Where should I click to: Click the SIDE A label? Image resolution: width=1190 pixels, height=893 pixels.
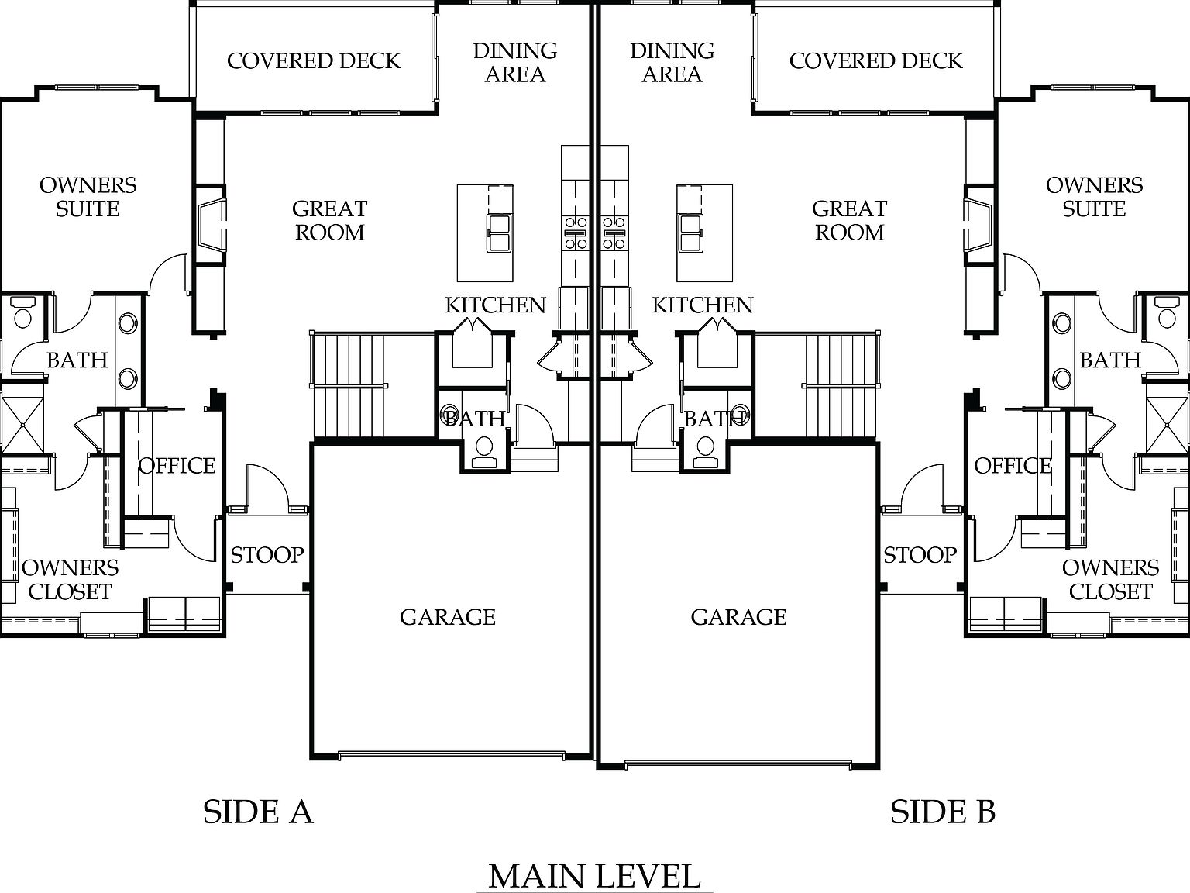(258, 812)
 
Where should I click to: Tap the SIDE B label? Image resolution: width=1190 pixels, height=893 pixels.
(942, 812)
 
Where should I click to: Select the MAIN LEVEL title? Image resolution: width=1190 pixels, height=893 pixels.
(594, 876)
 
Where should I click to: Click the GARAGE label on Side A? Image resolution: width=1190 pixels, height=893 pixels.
(447, 617)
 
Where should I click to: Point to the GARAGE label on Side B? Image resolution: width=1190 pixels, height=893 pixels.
(738, 617)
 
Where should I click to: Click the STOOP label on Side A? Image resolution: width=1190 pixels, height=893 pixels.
(267, 555)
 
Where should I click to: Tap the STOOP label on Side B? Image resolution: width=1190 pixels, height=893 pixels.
(920, 555)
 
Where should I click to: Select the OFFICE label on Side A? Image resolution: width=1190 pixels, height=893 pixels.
(177, 466)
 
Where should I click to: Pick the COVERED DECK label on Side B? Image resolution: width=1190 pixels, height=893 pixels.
(875, 61)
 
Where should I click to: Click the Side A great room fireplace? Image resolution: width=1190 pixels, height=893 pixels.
(210, 225)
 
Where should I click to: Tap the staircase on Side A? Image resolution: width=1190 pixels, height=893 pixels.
(349, 385)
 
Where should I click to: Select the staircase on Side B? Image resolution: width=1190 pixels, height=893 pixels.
(841, 385)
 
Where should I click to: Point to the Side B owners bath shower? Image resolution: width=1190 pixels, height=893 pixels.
(1167, 425)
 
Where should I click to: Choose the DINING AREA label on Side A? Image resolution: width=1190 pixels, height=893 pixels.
(515, 63)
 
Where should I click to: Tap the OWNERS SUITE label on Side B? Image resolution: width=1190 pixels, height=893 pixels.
(1094, 197)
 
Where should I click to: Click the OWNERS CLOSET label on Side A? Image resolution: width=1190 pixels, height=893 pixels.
(70, 580)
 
